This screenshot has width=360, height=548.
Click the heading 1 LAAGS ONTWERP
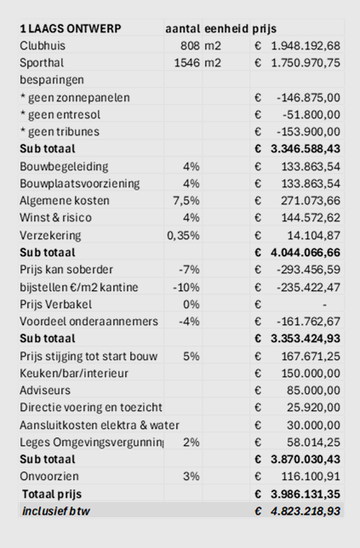tap(71, 28)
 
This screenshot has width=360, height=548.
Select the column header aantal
tap(183, 28)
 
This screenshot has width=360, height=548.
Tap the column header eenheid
tap(226, 28)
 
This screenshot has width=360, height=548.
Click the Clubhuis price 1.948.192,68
tap(306, 45)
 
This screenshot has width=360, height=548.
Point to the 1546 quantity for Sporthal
tap(187, 63)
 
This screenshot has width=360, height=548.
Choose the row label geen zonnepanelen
tap(75, 97)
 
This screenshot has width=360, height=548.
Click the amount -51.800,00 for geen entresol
tap(311, 114)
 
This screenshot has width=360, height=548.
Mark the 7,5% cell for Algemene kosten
tap(186, 200)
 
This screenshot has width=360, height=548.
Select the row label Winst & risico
tap(55, 217)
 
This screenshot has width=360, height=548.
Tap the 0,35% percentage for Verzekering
tap(183, 235)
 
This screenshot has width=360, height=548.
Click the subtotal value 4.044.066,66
tap(306, 252)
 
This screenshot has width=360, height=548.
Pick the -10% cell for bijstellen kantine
tap(186, 287)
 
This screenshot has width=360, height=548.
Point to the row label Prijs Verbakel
tap(56, 304)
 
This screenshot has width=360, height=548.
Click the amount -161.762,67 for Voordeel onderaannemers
tap(308, 321)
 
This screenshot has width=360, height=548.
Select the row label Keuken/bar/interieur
tap(74, 373)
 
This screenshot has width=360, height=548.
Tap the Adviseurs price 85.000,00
tap(313, 390)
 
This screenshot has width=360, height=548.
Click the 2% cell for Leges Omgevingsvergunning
tap(191, 442)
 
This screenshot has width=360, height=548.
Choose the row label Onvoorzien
tap(49, 476)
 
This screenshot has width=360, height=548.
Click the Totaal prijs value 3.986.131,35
tap(306, 494)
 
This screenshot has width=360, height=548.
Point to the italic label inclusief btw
tap(56, 511)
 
